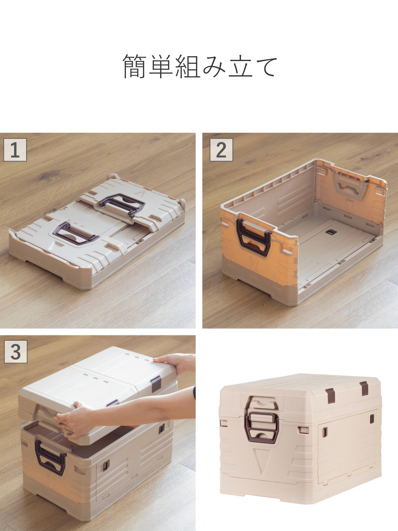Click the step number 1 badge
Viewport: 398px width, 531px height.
[x=15, y=150]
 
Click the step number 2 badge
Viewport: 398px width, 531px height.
[x=221, y=150]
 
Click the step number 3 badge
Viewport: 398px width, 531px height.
[x=15, y=352]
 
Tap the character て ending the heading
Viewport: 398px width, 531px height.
[x=266, y=67]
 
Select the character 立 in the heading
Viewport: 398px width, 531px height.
[x=241, y=67]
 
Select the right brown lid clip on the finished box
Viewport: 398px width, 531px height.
[x=364, y=388]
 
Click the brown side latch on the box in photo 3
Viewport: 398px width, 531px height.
[x=105, y=465]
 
